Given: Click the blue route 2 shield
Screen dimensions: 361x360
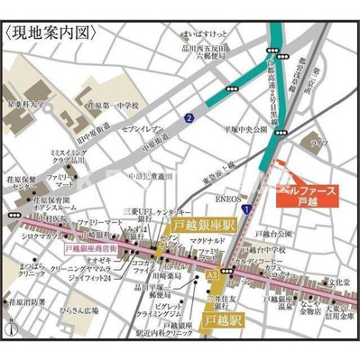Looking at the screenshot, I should (189, 117).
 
